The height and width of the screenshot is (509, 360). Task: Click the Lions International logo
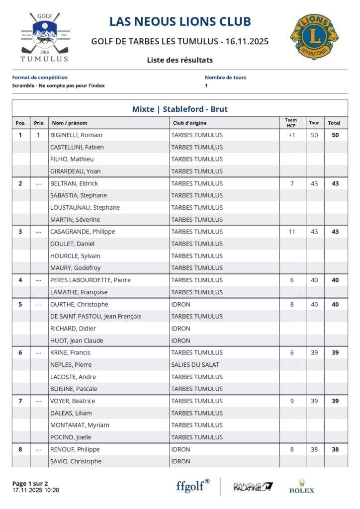pyautogui.click(x=314, y=36)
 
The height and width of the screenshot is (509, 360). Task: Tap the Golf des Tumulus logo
pyautogui.click(x=44, y=38)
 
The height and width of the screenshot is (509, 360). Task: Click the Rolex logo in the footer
pyautogui.click(x=302, y=487)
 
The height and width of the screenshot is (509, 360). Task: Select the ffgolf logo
pyautogui.click(x=192, y=486)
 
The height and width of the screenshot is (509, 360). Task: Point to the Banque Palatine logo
pyautogui.click(x=253, y=487)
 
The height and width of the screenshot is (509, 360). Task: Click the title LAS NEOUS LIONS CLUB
pyautogui.click(x=180, y=21)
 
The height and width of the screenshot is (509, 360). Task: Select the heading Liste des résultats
pyautogui.click(x=180, y=60)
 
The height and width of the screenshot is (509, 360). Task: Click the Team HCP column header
pyautogui.click(x=291, y=122)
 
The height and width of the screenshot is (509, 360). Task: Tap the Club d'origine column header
pyautogui.click(x=189, y=123)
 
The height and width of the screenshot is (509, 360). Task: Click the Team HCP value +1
pyautogui.click(x=292, y=135)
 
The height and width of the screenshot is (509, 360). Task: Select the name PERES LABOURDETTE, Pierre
pyautogui.click(x=90, y=280)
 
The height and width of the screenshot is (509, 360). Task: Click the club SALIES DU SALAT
pyautogui.click(x=195, y=364)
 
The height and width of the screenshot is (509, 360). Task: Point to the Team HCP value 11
pyautogui.click(x=292, y=232)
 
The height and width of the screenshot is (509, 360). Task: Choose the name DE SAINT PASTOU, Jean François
pyautogui.click(x=95, y=316)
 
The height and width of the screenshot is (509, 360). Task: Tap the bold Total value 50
pyautogui.click(x=335, y=135)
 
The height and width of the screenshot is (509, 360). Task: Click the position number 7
pyautogui.click(x=20, y=401)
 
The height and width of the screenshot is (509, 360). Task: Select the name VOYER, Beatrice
pyautogui.click(x=73, y=401)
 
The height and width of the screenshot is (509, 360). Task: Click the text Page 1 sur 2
pyautogui.click(x=30, y=483)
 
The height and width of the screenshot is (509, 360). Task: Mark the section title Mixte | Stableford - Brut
pyautogui.click(x=180, y=109)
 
